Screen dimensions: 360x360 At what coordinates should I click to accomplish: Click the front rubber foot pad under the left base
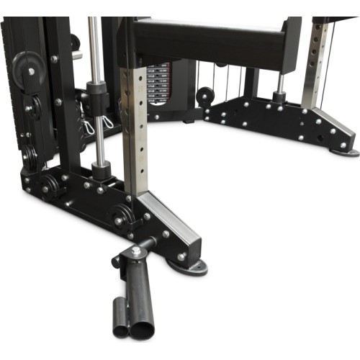point(189,267)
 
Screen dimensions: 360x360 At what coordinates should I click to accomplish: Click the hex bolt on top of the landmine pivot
point(136,251)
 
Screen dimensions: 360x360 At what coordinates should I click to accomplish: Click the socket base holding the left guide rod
point(102,171)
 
